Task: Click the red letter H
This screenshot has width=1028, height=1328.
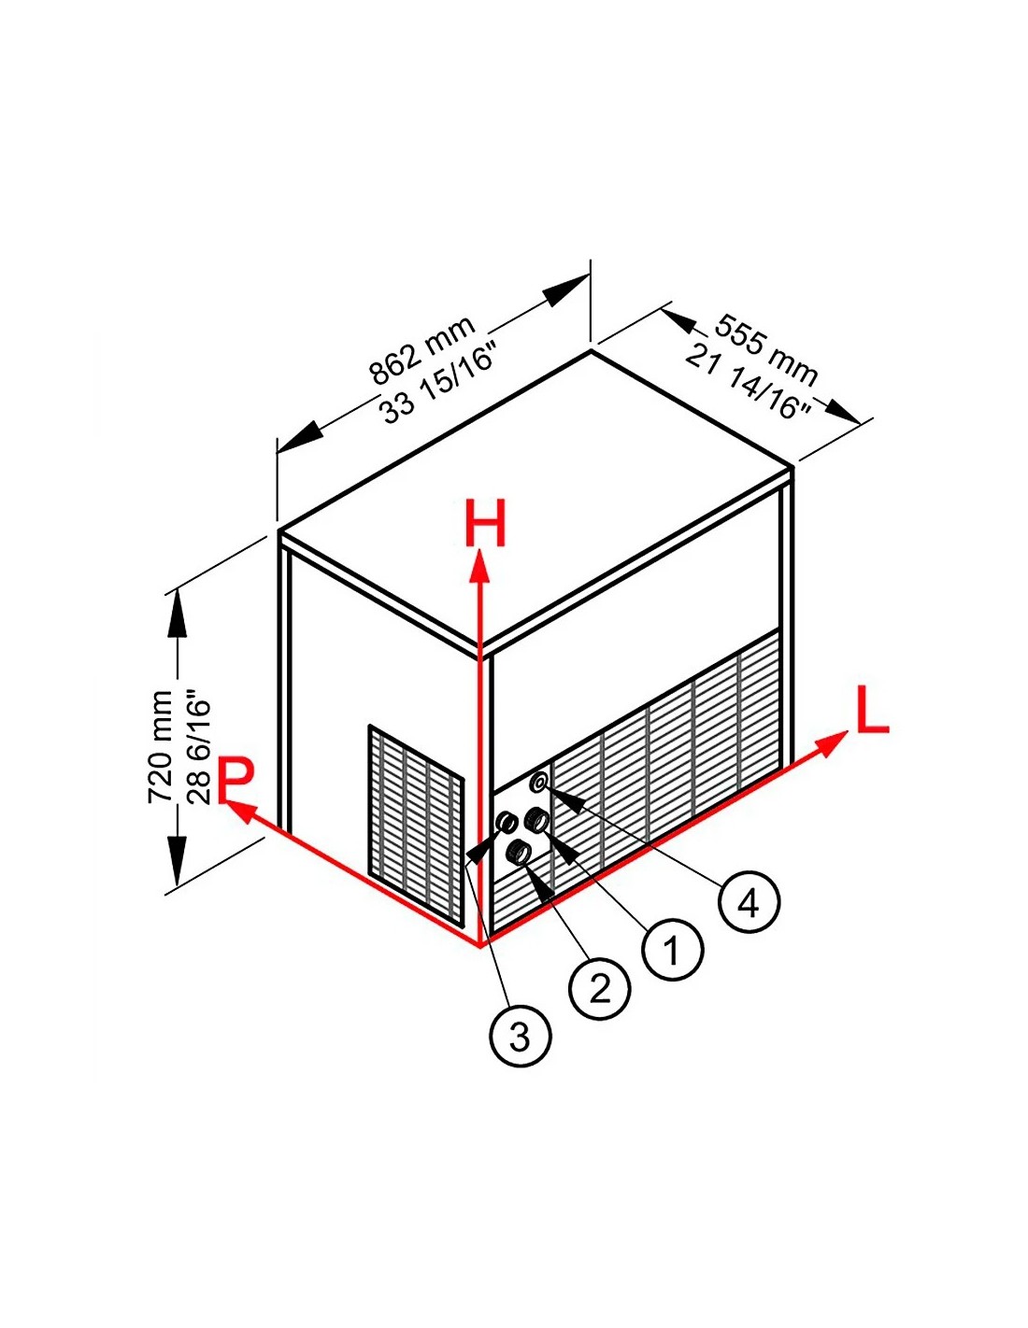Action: point(485,523)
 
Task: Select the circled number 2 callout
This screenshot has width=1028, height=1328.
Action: point(599,988)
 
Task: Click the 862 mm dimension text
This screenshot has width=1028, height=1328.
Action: point(423,350)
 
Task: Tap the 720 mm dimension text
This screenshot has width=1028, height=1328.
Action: point(161,747)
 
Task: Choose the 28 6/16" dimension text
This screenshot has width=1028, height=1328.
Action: point(200,747)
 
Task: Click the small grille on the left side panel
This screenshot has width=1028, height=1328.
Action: point(416,824)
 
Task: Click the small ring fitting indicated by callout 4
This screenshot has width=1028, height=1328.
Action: point(539,782)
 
